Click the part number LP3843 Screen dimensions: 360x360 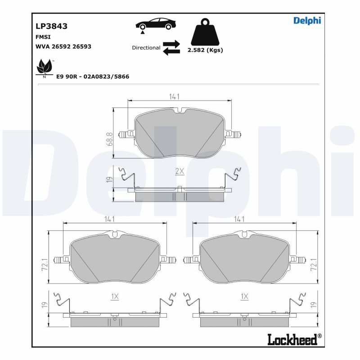51,26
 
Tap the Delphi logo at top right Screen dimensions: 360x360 307,20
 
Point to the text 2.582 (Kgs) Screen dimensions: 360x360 205,50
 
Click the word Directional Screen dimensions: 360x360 146,47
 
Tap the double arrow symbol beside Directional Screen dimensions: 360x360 171,47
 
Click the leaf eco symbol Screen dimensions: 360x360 45,67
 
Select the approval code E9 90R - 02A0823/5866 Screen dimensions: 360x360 93,76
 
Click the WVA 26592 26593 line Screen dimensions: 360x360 63,46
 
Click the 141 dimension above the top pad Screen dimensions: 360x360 175,96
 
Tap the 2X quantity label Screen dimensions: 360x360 180,171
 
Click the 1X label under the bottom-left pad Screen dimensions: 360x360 114,296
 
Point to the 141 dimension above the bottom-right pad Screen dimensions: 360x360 239,219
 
